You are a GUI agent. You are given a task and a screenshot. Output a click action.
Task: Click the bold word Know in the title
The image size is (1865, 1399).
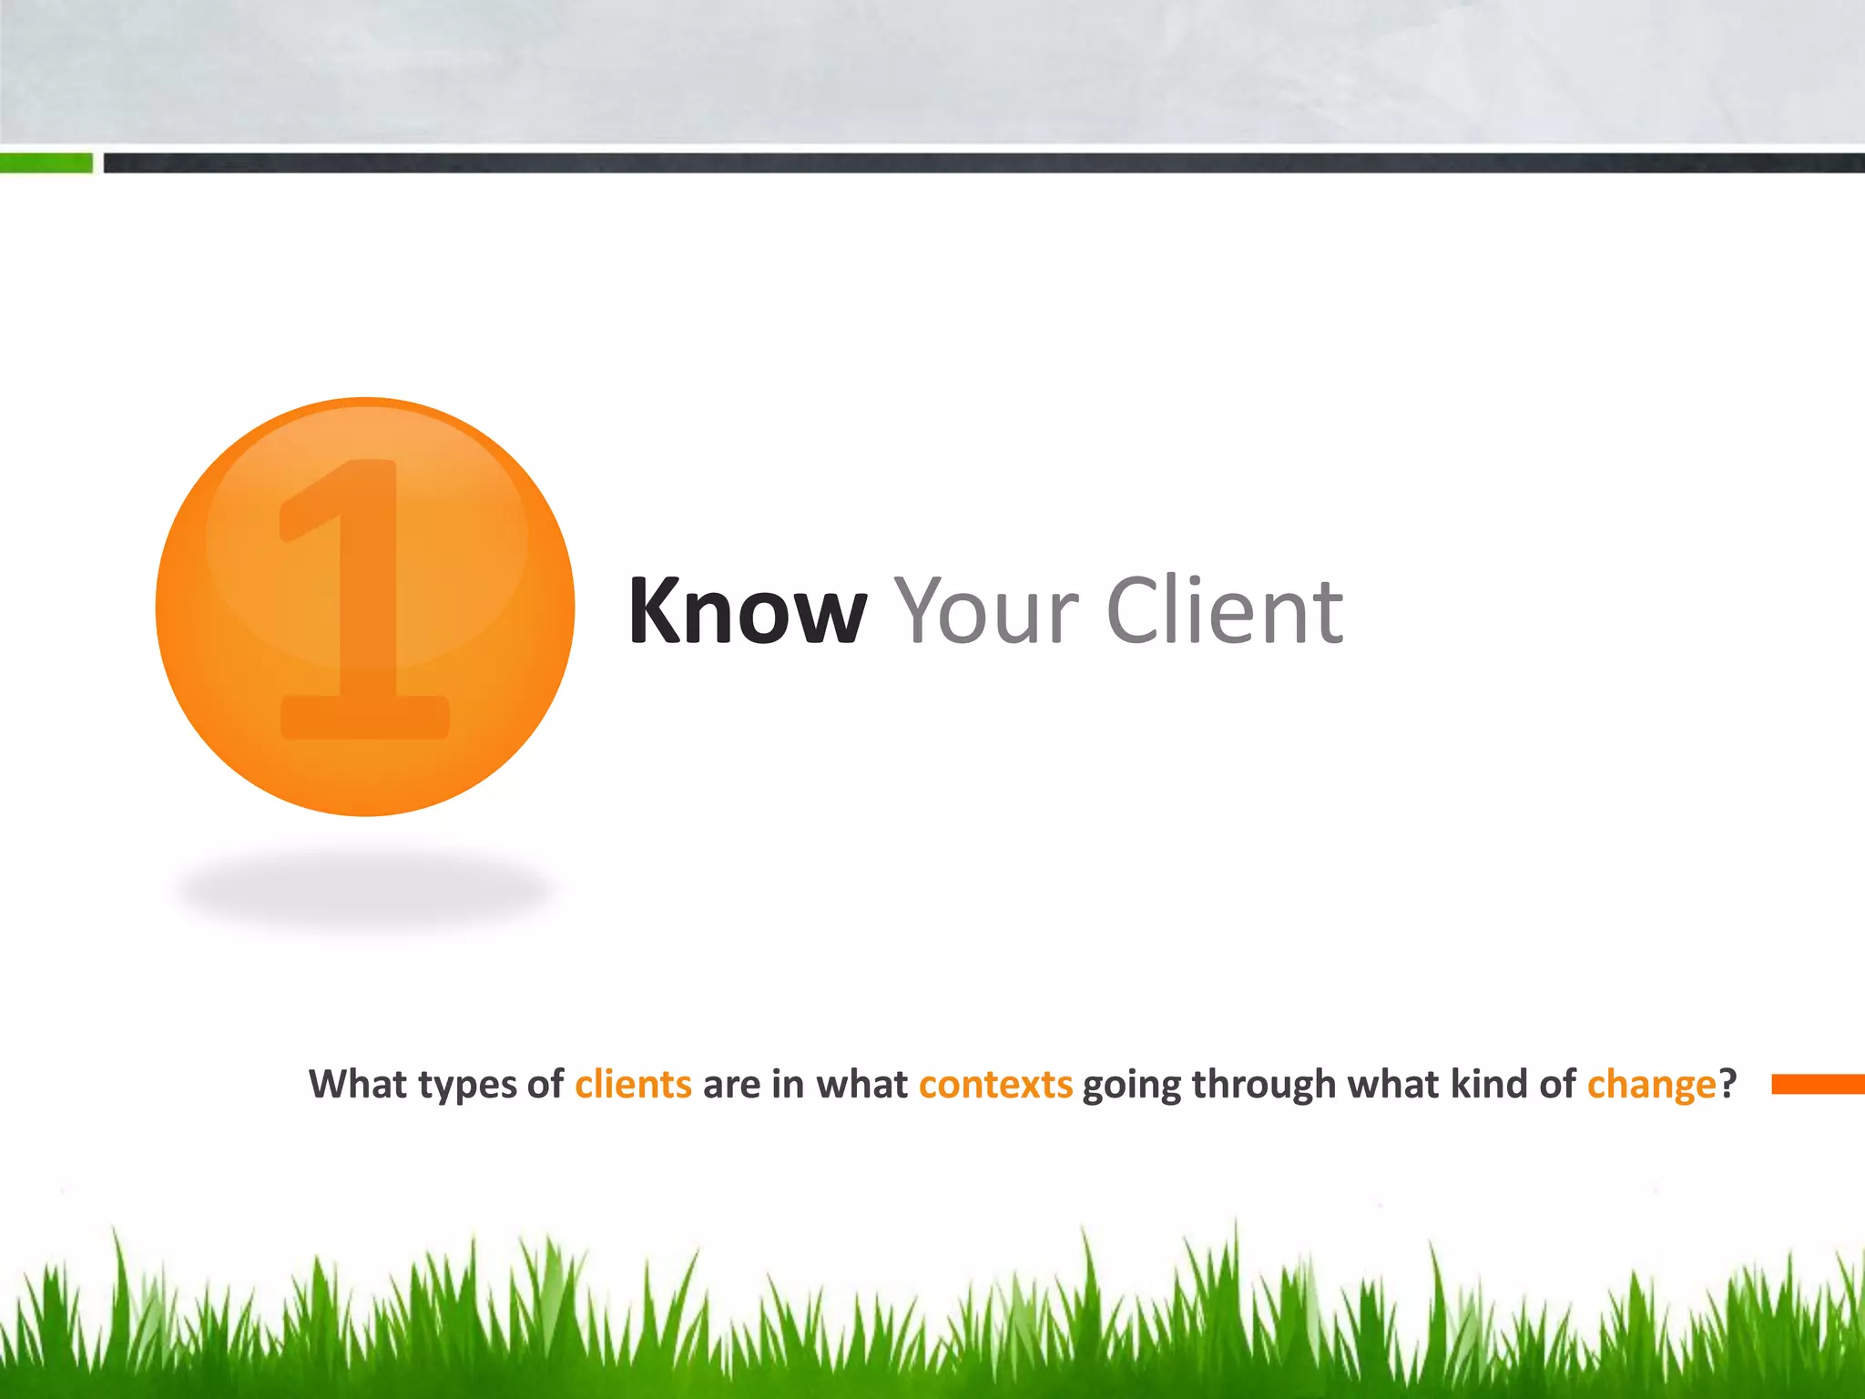pyautogui.click(x=747, y=611)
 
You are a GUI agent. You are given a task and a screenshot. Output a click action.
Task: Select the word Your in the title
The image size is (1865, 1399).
pyautogui.click(x=986, y=611)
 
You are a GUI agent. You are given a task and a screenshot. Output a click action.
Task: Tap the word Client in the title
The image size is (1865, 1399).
pyautogui.click(x=1225, y=611)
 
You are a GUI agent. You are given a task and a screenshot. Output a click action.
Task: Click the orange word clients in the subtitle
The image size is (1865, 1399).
pyautogui.click(x=633, y=1085)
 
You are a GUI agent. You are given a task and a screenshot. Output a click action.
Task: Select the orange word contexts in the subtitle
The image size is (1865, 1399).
pyautogui.click(x=995, y=1085)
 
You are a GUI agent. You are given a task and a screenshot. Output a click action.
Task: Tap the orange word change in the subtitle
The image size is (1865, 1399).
pyautogui.click(x=1651, y=1085)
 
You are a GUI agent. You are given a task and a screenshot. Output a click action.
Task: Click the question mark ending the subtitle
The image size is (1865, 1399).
pyautogui.click(x=1727, y=1085)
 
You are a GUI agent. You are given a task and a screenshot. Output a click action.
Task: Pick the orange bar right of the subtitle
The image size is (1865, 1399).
pyautogui.click(x=1818, y=1084)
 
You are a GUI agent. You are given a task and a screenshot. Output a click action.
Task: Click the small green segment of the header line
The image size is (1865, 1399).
pyautogui.click(x=46, y=163)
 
